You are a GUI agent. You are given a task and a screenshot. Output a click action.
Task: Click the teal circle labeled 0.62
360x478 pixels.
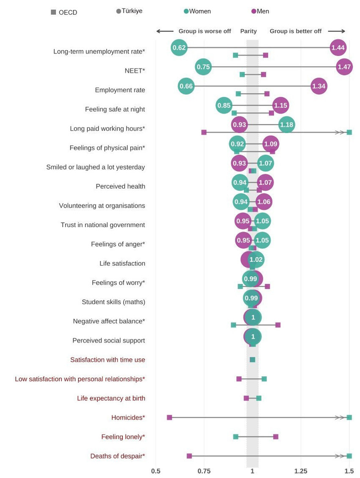pyautogui.click(x=179, y=47)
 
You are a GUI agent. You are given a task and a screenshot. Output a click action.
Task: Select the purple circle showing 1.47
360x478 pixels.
pyautogui.click(x=344, y=67)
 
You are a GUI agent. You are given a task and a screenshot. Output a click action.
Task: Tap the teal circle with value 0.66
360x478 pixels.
pyautogui.click(x=186, y=86)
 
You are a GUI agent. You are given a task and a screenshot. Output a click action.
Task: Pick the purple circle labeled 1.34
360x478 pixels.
pyautogui.click(x=318, y=86)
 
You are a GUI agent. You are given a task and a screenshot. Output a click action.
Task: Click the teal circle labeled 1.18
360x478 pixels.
pyautogui.click(x=287, y=125)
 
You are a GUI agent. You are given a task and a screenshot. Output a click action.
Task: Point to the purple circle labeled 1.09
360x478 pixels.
pyautogui.click(x=271, y=144)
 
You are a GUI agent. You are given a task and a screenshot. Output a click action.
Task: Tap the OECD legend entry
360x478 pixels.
pyautogui.click(x=64, y=12)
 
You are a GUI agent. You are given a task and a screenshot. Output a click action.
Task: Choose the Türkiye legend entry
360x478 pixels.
pyautogui.click(x=129, y=11)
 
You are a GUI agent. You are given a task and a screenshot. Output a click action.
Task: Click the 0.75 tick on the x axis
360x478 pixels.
pyautogui.click(x=204, y=471)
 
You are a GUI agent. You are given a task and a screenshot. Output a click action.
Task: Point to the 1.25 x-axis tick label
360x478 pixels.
pyautogui.click(x=301, y=471)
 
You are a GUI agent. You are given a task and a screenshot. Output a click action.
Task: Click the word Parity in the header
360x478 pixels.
pyautogui.click(x=249, y=31)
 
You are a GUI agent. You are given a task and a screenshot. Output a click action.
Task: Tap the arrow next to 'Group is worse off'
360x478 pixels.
pyautogui.click(x=165, y=31)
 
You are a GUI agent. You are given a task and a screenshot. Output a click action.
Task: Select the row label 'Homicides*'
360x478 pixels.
pyautogui.click(x=128, y=417)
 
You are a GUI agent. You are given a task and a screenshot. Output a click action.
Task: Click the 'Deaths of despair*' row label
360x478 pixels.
pyautogui.click(x=117, y=456)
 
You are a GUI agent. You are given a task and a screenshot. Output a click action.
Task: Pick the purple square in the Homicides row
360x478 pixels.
pyautogui.click(x=169, y=417)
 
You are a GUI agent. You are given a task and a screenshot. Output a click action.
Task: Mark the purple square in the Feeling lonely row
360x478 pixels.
pyautogui.click(x=276, y=436)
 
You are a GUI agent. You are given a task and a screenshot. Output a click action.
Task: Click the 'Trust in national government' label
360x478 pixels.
pyautogui.click(x=102, y=225)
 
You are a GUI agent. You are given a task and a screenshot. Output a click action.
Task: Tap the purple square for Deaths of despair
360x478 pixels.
pyautogui.click(x=189, y=456)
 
